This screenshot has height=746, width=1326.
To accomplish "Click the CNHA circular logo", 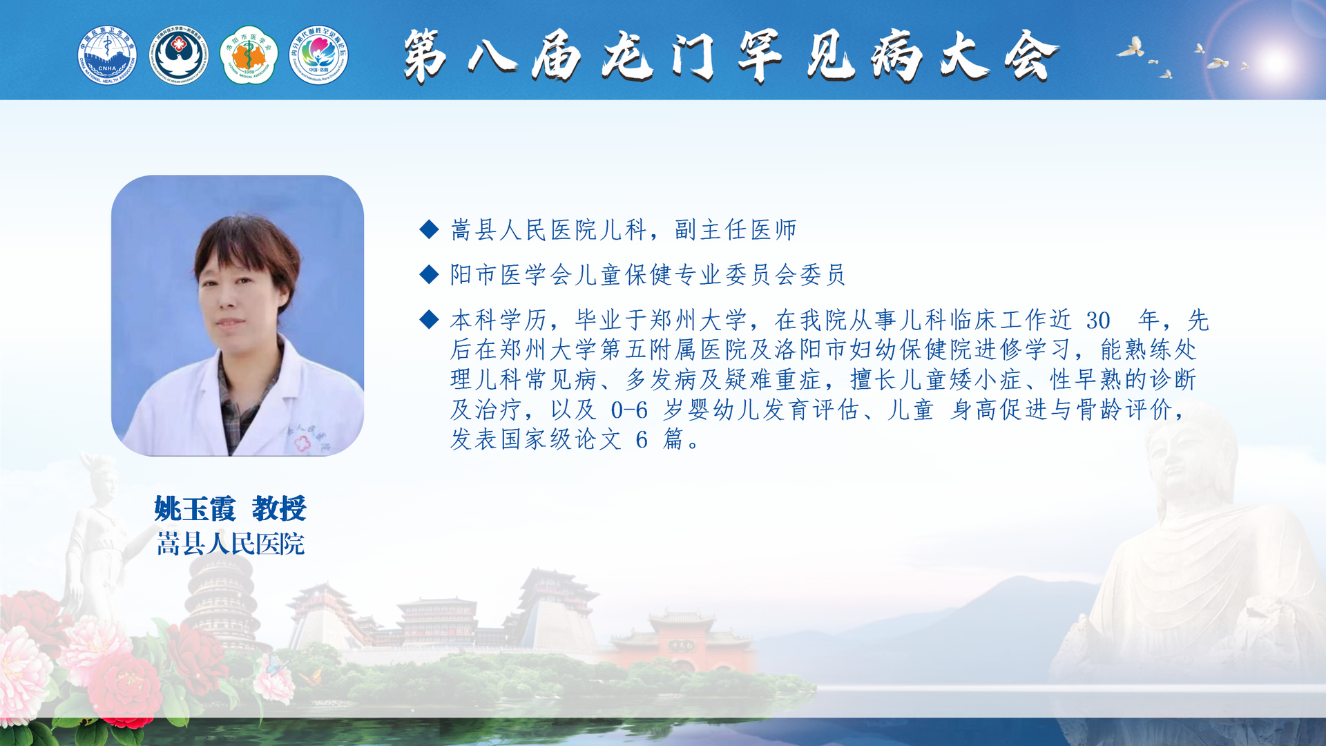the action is point(107,55).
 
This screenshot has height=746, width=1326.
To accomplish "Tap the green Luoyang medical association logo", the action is point(249,55).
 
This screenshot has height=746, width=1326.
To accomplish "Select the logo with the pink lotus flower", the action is point(318,55).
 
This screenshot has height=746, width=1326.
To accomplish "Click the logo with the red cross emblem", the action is point(179,55).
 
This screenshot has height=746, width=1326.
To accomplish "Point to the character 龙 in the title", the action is point(627,55).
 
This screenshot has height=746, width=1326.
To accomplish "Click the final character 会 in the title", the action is point(1031,55).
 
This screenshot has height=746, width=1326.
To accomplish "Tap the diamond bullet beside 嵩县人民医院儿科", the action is point(429,229).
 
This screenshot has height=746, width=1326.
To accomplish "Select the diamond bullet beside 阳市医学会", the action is point(429,275).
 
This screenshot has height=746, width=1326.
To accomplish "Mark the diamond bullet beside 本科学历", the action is point(429,319).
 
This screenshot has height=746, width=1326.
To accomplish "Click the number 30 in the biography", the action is point(1098,321).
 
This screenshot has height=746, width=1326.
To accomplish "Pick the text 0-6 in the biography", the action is point(629,410).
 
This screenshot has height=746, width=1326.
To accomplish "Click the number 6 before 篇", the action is point(642,439).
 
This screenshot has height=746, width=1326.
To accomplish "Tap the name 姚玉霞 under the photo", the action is point(195,509).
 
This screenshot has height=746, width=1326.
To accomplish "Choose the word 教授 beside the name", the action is point(279,509).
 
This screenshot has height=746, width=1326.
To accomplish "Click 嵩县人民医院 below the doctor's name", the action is point(231,544).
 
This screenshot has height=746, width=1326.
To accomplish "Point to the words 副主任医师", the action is point(736,230).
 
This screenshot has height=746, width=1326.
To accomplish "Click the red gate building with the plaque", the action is point(680,646).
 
